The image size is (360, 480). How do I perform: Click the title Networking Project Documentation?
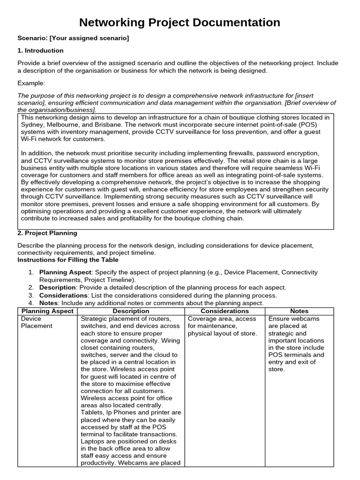pos(180,22)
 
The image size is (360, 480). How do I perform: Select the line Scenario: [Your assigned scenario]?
pos(73,37)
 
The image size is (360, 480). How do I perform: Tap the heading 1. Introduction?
pos(40,51)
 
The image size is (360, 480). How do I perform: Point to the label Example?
pos(31,83)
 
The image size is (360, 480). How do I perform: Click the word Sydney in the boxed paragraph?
pos(32,125)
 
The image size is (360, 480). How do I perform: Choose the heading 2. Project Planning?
pos(47,233)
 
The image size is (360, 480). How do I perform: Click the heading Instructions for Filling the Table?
pos(68,260)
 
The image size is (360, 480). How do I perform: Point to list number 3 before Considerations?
pos(31,295)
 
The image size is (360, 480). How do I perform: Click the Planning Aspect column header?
pos(47,311)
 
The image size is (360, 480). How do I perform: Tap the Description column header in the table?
pos(131,311)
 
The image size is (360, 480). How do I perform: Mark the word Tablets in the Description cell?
pos(93,413)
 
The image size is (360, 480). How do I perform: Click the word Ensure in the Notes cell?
pos(279,319)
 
